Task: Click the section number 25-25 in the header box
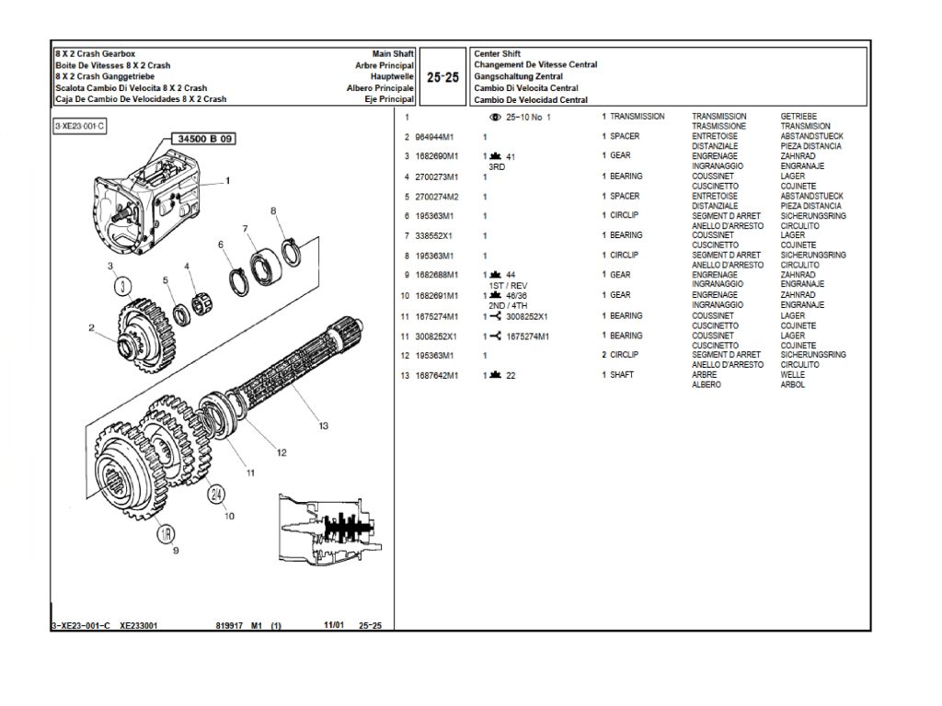(443, 78)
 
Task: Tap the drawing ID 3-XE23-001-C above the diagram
(79, 125)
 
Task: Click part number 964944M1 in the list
(436, 137)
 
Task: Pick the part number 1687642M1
(438, 375)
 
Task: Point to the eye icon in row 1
(496, 118)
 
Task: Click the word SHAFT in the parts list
(623, 375)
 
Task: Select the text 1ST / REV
(508, 285)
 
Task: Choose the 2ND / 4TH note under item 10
(509, 305)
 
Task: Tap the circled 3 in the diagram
(123, 285)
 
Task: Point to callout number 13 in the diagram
(323, 425)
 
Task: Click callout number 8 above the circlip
(273, 211)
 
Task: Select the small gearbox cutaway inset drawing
(331, 533)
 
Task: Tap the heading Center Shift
(497, 54)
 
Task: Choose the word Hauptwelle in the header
(392, 77)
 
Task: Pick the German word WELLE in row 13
(792, 375)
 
